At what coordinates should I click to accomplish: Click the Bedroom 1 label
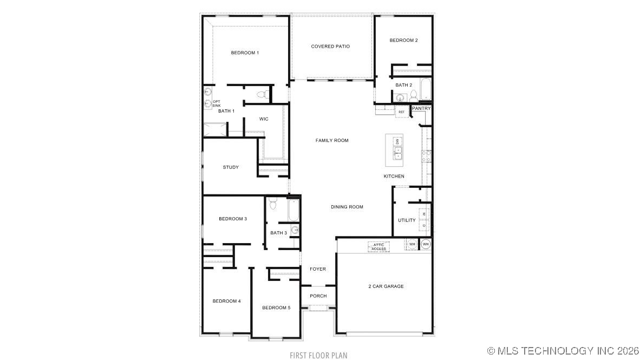pos(245,53)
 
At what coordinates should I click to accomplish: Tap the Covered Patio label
pos(330,47)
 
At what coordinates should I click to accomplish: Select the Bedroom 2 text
pos(403,40)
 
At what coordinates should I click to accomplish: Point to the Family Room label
pos(332,141)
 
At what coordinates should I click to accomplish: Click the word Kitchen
pos(394,176)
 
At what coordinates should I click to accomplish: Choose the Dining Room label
pos(347,207)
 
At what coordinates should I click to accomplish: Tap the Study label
pos(231,167)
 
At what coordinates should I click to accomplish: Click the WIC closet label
pos(264,119)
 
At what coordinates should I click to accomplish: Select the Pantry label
pos(421,108)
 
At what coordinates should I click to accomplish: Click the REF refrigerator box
pos(401,112)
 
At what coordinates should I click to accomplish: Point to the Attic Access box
pos(378,247)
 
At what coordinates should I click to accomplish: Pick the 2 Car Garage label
pos(386,286)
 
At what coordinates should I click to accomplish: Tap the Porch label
pos(318,296)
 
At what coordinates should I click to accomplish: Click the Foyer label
pos(317,269)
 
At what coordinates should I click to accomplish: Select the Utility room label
pos(407,220)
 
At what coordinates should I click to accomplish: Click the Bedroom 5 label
pos(276,307)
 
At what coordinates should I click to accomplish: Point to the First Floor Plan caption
pos(318,355)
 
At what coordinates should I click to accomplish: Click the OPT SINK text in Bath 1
pos(216,103)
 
